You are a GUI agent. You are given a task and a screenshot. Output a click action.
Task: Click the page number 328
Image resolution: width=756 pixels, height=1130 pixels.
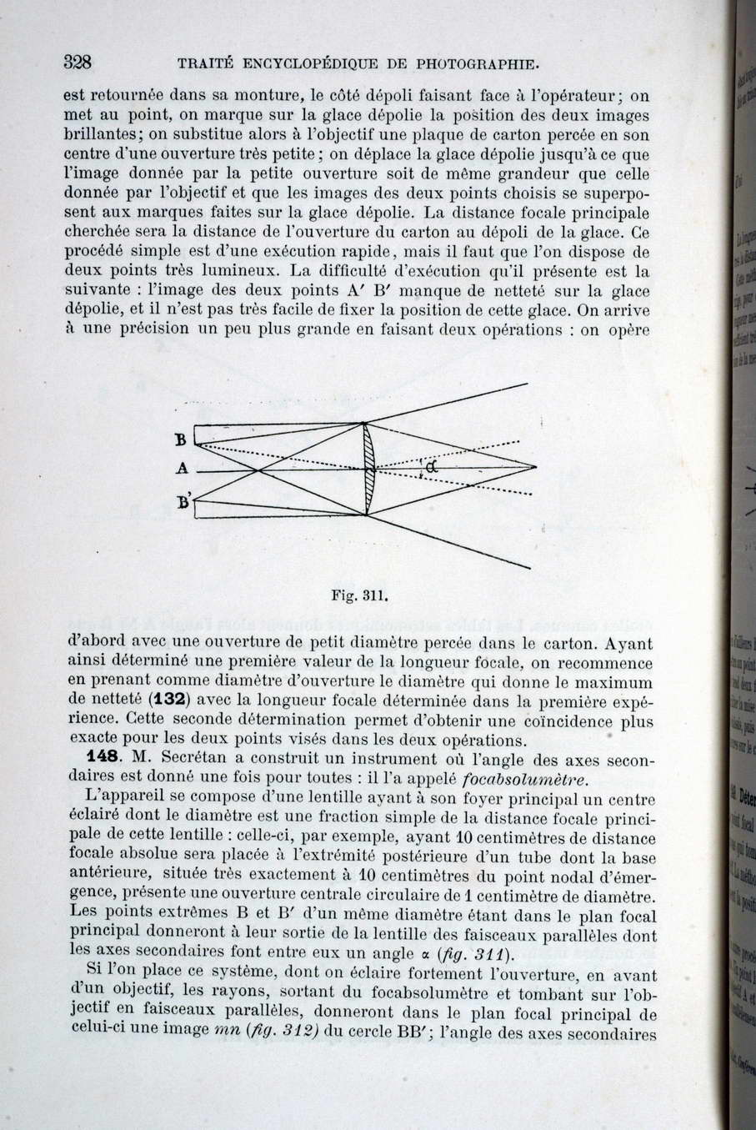point(77,61)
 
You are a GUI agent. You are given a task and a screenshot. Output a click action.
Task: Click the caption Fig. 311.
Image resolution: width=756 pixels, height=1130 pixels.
point(361,596)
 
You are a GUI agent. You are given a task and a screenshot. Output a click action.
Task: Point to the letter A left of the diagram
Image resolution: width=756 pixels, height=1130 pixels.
point(182,469)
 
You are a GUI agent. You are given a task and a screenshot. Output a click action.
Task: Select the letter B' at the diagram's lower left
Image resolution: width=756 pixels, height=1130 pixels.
point(184,501)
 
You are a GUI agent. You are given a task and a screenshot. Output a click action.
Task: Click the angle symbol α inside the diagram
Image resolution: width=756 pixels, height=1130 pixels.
point(430,468)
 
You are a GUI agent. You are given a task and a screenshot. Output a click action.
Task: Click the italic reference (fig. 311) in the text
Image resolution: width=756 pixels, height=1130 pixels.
point(471,955)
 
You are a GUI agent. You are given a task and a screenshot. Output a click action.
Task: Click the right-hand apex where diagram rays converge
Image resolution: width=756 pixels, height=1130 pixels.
point(536,467)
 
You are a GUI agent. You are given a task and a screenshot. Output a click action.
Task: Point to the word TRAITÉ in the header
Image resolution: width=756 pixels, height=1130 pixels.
point(204,63)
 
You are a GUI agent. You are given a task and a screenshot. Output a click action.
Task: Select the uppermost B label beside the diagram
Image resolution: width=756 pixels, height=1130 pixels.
point(180,439)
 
